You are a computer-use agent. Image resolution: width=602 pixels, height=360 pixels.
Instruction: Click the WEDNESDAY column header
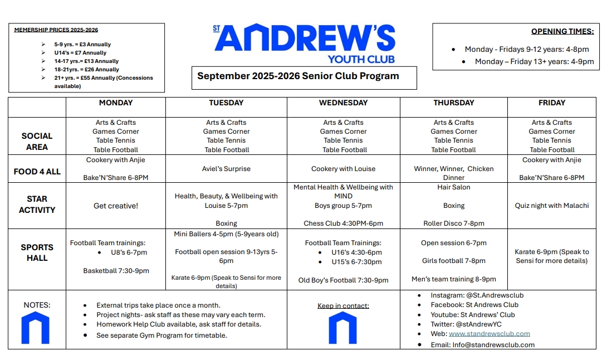(x=343, y=103)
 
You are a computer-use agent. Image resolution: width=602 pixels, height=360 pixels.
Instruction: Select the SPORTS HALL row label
(x=37, y=252)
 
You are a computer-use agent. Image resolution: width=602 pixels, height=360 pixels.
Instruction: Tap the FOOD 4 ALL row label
(x=37, y=172)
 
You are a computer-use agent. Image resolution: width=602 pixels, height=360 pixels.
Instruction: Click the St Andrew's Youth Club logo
(x=304, y=43)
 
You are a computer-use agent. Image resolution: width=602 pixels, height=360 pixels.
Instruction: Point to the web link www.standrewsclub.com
(x=489, y=334)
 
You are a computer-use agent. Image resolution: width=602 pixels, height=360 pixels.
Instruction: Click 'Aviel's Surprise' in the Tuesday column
(x=226, y=169)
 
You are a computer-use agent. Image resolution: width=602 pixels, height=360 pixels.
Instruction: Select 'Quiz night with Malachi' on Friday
(x=551, y=206)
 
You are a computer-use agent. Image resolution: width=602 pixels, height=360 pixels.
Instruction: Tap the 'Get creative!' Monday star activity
(x=116, y=206)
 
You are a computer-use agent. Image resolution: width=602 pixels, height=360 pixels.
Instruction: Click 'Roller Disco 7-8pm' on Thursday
(x=454, y=223)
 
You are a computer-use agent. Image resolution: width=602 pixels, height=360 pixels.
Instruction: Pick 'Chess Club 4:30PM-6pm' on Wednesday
(x=343, y=223)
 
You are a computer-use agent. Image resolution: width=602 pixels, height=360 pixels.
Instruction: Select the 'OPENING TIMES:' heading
(x=562, y=32)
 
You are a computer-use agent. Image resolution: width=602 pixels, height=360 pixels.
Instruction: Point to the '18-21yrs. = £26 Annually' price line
(x=86, y=70)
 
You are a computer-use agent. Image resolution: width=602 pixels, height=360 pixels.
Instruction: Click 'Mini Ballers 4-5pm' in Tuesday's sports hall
(x=226, y=234)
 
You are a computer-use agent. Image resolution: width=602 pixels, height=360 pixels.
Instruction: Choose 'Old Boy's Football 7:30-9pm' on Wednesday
(x=343, y=280)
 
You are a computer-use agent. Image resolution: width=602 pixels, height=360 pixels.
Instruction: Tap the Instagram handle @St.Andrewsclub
(x=477, y=295)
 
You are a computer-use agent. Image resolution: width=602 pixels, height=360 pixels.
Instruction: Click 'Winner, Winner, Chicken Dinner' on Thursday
(x=454, y=173)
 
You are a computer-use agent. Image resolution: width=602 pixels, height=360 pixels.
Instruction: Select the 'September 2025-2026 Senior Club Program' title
(x=298, y=76)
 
